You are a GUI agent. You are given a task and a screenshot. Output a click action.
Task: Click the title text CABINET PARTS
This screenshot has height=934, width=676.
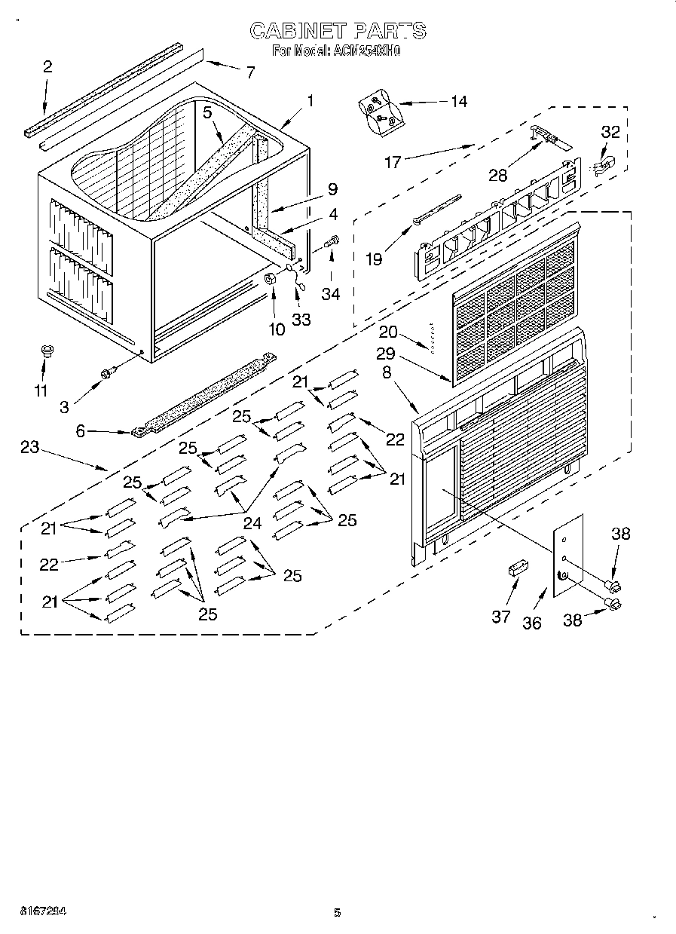(337, 30)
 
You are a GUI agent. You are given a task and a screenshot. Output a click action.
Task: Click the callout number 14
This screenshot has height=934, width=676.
(458, 101)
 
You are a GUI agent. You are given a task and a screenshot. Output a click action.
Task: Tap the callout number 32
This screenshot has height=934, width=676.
(610, 132)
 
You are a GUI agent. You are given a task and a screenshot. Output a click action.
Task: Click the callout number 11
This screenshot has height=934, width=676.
(41, 390)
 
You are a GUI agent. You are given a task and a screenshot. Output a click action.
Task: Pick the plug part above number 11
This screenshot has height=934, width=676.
(45, 351)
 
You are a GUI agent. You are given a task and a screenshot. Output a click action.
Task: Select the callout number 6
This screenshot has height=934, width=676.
(81, 432)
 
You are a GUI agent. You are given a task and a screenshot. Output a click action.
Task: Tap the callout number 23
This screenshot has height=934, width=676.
(29, 447)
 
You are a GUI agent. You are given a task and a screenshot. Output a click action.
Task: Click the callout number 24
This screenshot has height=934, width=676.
(252, 522)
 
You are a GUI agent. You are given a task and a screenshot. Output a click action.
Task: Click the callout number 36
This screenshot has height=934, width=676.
(532, 623)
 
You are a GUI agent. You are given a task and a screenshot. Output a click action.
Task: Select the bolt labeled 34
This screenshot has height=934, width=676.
(332, 243)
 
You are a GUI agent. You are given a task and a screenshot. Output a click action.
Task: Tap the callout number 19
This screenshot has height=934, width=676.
(374, 259)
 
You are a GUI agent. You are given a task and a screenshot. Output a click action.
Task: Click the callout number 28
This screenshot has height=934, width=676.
(497, 175)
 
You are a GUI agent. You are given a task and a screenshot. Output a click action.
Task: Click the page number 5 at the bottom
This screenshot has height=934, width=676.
(338, 913)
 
